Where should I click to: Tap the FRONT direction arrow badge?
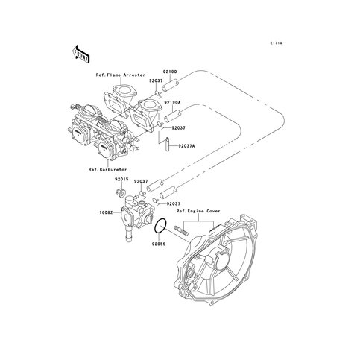pos(80,54)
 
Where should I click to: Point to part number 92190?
pos(169,72)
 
